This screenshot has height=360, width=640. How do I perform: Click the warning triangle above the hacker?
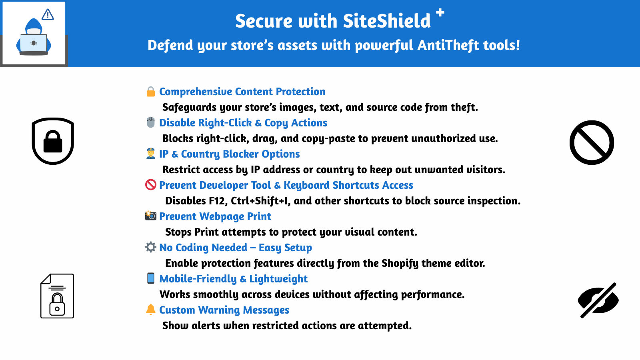point(48,14)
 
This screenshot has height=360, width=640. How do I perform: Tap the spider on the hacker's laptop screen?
point(34,43)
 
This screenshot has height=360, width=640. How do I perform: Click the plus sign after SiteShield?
point(440,12)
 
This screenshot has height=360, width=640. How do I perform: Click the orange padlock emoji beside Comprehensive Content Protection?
point(150,92)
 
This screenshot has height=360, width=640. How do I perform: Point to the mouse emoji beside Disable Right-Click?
point(150,122)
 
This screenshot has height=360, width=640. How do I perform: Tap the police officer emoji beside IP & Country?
point(150,154)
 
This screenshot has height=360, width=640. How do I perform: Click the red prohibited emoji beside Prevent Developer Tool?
point(150,185)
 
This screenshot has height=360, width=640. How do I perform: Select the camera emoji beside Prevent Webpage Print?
point(150,216)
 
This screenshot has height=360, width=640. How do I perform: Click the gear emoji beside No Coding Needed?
point(150,247)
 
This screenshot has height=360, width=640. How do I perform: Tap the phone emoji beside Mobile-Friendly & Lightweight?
point(150,278)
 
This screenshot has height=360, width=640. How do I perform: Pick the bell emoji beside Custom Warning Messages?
point(150,310)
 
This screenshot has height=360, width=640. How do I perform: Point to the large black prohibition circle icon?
point(592,142)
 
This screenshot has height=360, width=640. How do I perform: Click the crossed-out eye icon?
point(598,300)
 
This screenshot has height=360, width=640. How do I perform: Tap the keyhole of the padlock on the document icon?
point(57,309)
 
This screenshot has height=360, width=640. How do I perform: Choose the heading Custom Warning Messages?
point(224,310)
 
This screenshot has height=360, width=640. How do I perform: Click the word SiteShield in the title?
point(386,21)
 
